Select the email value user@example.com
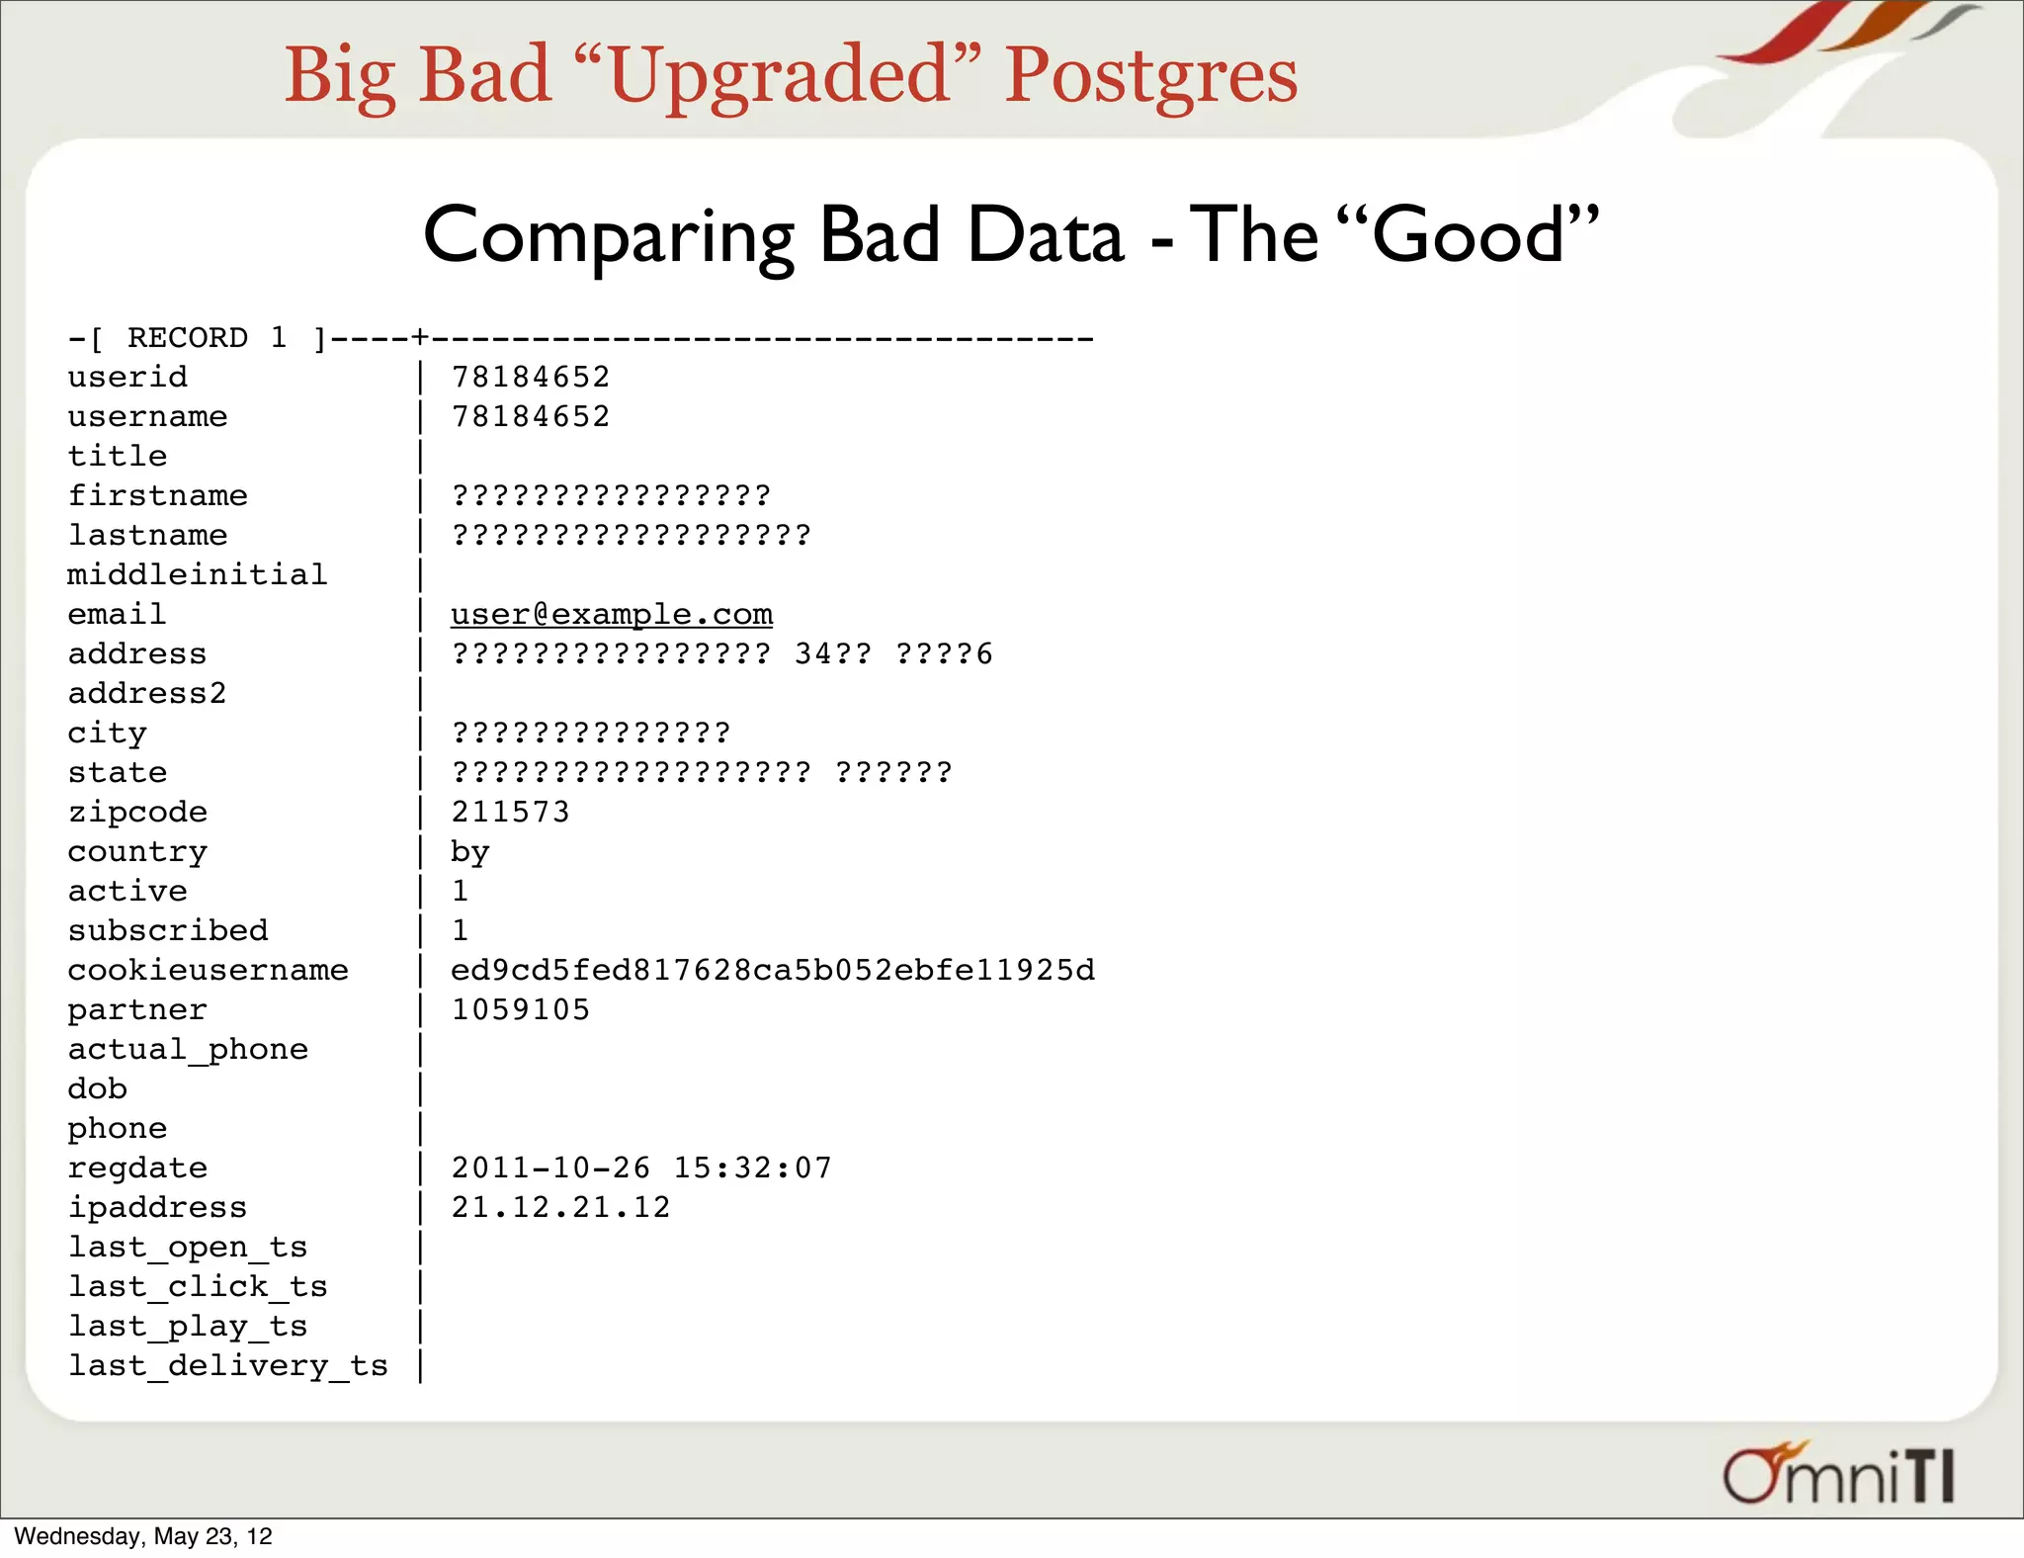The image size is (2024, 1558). [612, 614]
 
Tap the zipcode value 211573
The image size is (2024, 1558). [511, 812]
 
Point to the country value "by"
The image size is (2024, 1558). [470, 852]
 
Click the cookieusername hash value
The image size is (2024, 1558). [773, 970]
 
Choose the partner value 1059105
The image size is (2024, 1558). [521, 1009]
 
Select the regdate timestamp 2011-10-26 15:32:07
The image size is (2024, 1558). [641, 1168]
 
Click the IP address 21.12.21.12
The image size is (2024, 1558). [560, 1207]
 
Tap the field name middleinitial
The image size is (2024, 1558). [197, 574]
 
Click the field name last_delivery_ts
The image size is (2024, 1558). [227, 1366]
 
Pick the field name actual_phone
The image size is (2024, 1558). [188, 1049]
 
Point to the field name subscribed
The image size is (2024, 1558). [168, 930]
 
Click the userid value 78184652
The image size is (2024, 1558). [531, 377]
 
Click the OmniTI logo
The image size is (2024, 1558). [1838, 1475]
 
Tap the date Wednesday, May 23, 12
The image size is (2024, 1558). [143, 1536]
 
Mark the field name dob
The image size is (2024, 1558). [97, 1088]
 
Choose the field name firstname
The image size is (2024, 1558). [157, 495]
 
